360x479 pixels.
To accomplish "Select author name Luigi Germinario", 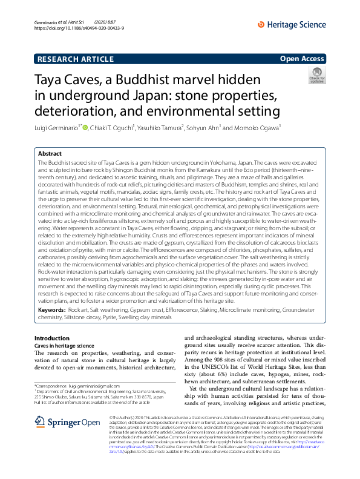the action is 56,127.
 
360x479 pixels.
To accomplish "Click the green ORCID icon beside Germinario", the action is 85,127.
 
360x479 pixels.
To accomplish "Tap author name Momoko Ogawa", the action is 260,127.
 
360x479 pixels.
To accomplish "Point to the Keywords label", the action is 51,309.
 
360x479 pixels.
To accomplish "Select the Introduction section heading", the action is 52,338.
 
